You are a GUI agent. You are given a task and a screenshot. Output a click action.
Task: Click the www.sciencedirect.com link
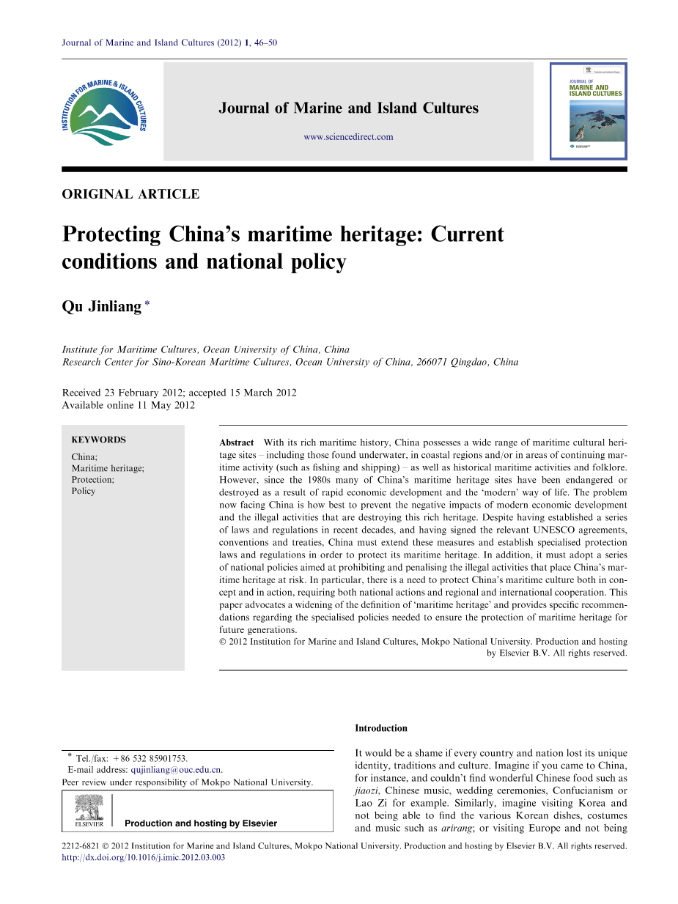(348, 137)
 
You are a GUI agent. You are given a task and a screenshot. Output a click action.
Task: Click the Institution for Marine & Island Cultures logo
(105, 111)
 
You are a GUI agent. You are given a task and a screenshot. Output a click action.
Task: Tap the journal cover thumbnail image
(589, 111)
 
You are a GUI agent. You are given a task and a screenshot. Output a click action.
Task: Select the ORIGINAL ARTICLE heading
(130, 194)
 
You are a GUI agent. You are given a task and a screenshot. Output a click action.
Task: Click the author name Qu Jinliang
(101, 307)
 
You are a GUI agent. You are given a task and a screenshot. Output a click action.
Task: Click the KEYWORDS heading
(98, 440)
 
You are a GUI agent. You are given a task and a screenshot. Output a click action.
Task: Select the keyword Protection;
(92, 480)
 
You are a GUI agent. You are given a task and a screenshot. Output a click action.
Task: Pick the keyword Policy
(84, 491)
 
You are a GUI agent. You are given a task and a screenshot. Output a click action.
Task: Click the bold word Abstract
(237, 442)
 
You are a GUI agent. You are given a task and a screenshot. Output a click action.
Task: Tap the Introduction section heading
(381, 728)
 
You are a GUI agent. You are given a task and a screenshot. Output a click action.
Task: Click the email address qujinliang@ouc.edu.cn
(176, 770)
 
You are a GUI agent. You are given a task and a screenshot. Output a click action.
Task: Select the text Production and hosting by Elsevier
(201, 823)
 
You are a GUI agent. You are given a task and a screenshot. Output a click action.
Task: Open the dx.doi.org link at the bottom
(144, 857)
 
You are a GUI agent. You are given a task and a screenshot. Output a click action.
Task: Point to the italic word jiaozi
(366, 790)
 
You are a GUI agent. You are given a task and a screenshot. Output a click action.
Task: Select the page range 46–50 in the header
(265, 42)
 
